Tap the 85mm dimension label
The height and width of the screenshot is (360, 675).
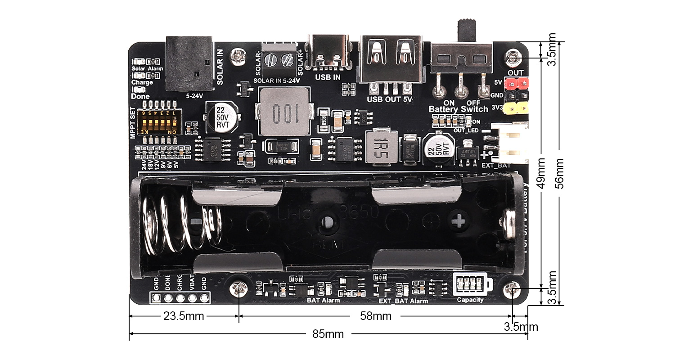pyautogui.click(x=328, y=334)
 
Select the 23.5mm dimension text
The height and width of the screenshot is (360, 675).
pyautogui.click(x=184, y=316)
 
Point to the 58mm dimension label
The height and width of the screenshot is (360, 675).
pyautogui.click(x=376, y=316)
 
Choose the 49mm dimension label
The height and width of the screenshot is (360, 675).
pyautogui.click(x=542, y=173)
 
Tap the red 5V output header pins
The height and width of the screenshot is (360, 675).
pyautogui.click(x=516, y=83)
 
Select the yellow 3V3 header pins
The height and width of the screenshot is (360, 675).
pyautogui.click(x=516, y=108)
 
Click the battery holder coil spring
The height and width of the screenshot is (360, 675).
pyautogui.click(x=180, y=222)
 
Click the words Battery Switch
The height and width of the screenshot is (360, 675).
pyautogui.click(x=458, y=109)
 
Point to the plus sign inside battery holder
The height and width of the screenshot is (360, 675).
pyautogui.click(x=459, y=220)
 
